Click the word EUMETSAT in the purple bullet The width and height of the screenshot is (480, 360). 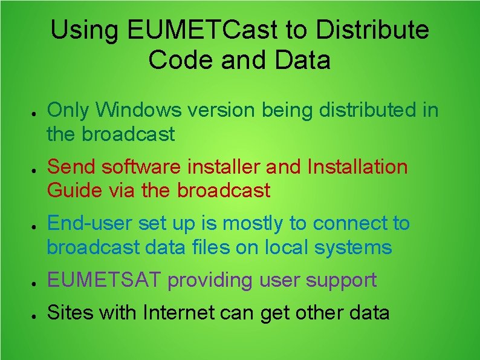point(105,280)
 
